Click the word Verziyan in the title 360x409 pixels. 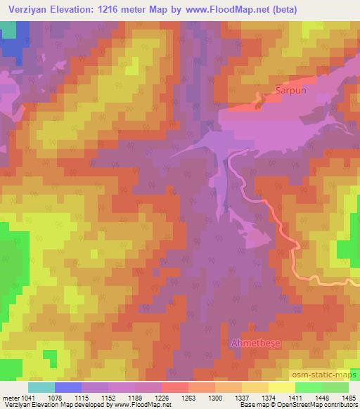[30, 10]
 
